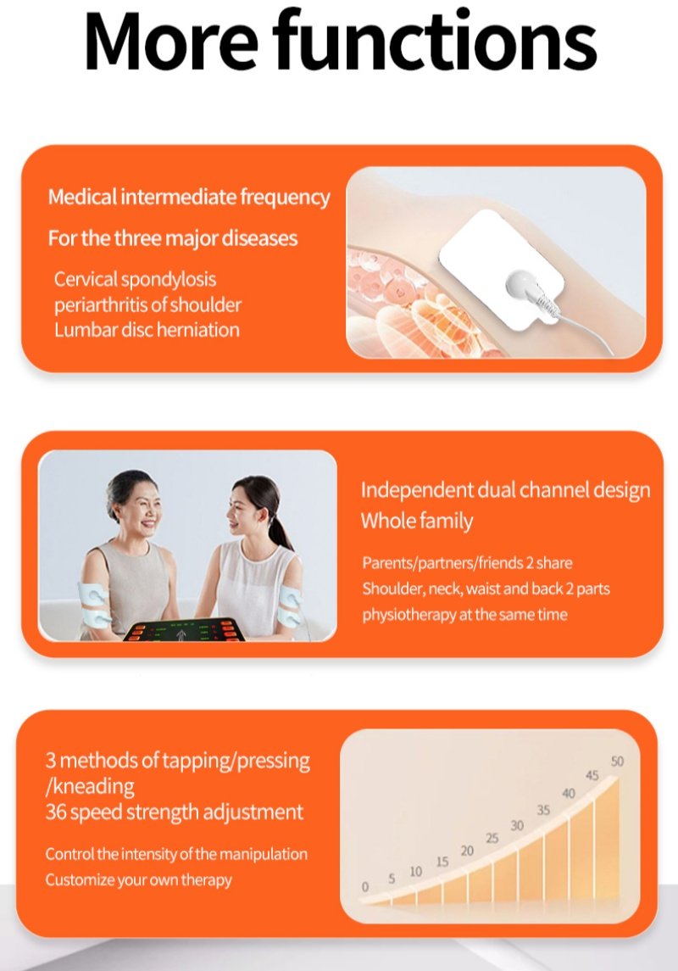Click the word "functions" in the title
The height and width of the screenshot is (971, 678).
pyautogui.click(x=435, y=40)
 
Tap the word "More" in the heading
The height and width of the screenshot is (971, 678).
pyautogui.click(x=171, y=41)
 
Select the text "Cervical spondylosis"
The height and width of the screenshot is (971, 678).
pyautogui.click(x=135, y=280)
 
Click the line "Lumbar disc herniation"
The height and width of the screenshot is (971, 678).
pyautogui.click(x=147, y=329)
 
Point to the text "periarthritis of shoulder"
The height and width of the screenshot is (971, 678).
pyautogui.click(x=147, y=304)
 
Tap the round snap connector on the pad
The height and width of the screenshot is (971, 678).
pyautogui.click(x=525, y=286)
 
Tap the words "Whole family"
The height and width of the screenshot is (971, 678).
pyautogui.click(x=417, y=521)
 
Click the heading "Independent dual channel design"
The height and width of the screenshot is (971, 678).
pyautogui.click(x=505, y=490)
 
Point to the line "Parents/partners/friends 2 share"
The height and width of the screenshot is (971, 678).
pyautogui.click(x=467, y=563)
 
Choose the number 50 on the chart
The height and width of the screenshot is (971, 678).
pyautogui.click(x=617, y=761)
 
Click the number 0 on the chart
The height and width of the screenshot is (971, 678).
pyautogui.click(x=365, y=887)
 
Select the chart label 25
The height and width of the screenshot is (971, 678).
pyautogui.click(x=492, y=839)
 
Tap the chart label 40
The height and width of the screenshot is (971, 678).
pyautogui.click(x=569, y=793)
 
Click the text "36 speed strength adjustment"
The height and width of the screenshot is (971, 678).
pyautogui.click(x=175, y=812)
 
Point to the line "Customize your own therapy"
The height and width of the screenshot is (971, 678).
pyautogui.click(x=139, y=880)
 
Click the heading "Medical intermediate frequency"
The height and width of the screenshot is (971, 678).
pyautogui.click(x=189, y=197)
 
